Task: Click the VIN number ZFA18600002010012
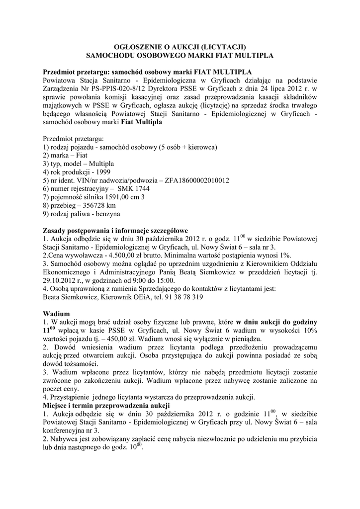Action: (x=192, y=180)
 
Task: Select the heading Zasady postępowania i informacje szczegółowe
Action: (x=115, y=231)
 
